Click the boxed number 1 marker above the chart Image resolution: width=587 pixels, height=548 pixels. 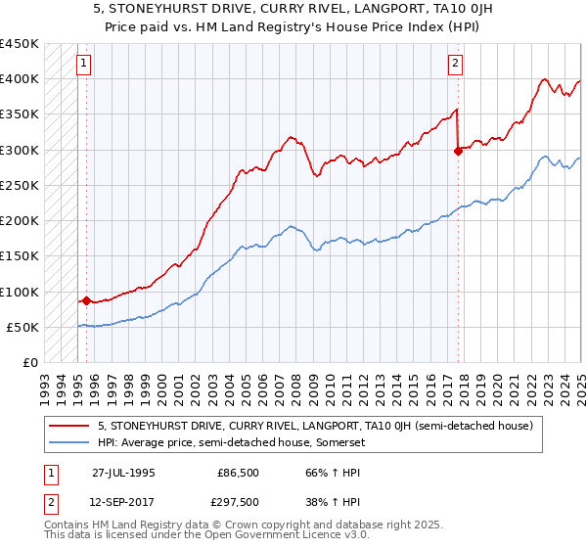point(84,66)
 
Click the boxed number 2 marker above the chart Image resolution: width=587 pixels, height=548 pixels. point(456,66)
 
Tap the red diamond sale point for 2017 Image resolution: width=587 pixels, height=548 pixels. point(458,151)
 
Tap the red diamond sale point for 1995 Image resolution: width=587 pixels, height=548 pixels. point(86,300)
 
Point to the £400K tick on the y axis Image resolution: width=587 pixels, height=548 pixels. point(20,79)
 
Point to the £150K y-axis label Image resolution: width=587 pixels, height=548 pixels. point(20,256)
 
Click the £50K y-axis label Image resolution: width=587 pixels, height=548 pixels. point(23,327)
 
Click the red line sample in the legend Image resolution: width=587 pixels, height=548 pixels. point(69,427)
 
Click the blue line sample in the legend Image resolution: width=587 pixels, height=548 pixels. point(69,443)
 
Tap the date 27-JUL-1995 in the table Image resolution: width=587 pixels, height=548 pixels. point(123,473)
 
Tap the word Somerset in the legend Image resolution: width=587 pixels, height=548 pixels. point(337,443)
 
